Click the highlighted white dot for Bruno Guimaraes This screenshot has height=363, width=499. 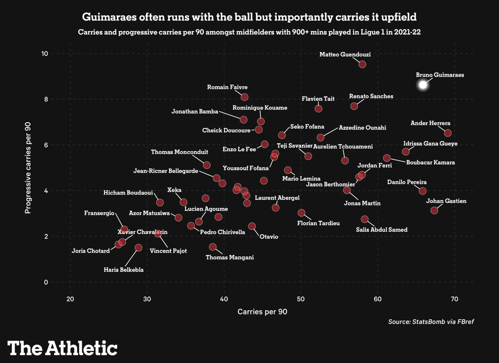423,85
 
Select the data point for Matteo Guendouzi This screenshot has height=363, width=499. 362,64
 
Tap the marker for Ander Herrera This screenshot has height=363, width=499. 448,133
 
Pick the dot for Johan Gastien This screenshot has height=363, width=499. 434,210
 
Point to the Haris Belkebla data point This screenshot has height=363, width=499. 138,247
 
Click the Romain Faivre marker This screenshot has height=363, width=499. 244,97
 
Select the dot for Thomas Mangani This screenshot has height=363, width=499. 213,247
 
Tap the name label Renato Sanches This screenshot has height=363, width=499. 371,96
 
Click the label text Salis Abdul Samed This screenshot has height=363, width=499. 381,230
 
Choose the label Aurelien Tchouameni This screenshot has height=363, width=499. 343,147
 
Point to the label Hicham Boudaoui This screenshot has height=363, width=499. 128,193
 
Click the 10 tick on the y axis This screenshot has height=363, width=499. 44,54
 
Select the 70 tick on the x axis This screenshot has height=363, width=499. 454,299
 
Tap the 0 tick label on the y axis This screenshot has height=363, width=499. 46,282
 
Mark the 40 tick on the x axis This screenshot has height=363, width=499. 224,299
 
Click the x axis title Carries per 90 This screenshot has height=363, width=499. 262,312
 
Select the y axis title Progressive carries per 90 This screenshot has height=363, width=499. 28,168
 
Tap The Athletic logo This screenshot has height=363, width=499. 62,348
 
